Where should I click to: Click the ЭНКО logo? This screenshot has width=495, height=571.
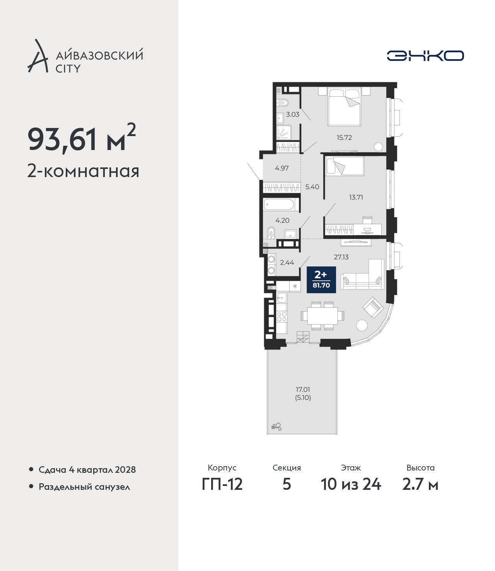(425, 56)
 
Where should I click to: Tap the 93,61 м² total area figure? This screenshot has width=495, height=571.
(82, 139)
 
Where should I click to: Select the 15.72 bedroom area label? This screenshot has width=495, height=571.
(344, 137)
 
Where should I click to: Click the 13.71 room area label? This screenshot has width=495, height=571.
(356, 197)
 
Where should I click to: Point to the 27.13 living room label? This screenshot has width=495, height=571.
(341, 257)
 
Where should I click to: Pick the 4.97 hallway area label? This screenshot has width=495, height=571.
(282, 168)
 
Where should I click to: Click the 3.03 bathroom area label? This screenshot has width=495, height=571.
(293, 114)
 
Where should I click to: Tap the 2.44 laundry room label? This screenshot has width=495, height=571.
(287, 262)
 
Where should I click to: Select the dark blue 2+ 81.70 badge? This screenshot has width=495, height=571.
(321, 280)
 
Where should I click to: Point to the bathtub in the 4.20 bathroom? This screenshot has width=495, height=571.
(282, 205)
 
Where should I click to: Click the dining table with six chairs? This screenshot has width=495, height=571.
(322, 316)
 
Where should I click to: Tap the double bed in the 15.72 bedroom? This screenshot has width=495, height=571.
(344, 107)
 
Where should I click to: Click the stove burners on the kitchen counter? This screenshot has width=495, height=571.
(282, 316)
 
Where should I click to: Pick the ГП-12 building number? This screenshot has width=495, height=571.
(222, 484)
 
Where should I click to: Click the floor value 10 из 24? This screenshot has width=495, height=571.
(351, 484)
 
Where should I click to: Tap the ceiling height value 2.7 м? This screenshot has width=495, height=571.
(420, 484)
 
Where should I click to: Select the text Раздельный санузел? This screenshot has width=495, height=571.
(84, 487)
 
